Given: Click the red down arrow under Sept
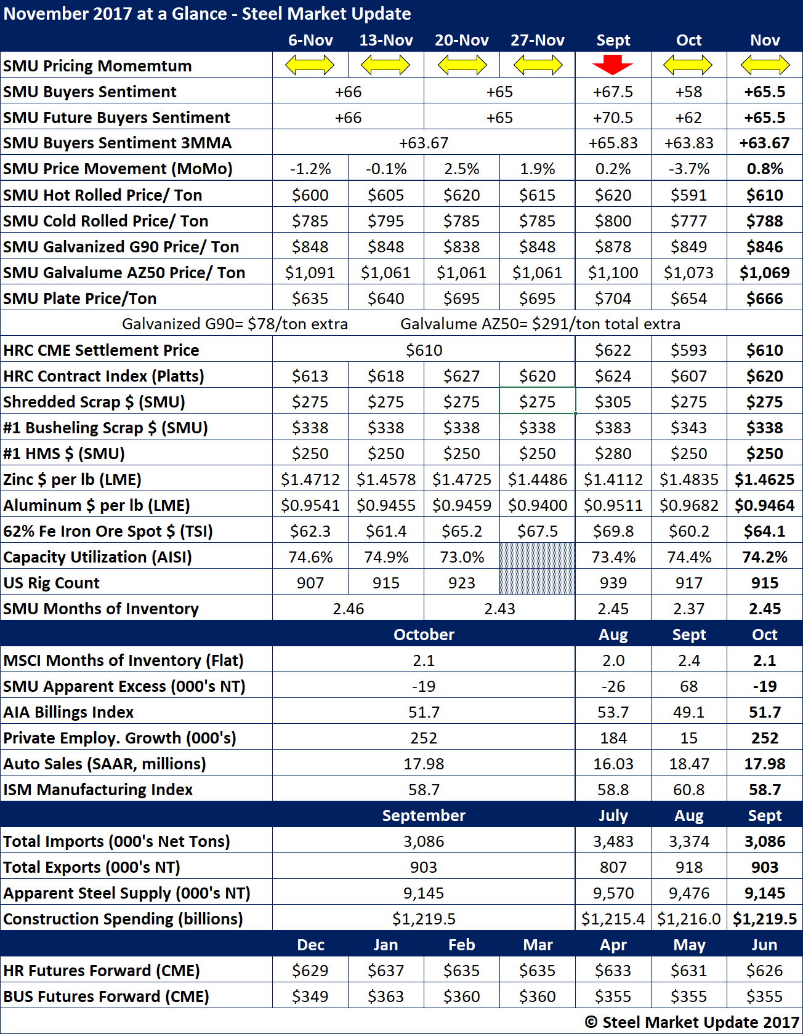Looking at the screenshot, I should pos(613,64).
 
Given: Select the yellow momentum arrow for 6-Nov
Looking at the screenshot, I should pos(310,65).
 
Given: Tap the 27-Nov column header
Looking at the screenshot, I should pos(537,40).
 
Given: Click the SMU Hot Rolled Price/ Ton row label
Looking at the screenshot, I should pos(103,195).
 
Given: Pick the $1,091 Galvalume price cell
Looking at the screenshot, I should pos(310,273).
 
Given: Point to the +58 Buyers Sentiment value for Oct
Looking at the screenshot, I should pos(688,92).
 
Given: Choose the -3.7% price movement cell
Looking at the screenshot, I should pos(688,169).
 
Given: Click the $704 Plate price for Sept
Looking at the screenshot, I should pos(613,299).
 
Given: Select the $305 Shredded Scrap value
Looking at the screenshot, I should pos(613,402).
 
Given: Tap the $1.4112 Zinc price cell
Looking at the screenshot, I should pos(613,479).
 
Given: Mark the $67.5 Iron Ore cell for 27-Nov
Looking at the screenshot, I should pos(537,531).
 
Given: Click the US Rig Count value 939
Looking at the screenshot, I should pos(613,583).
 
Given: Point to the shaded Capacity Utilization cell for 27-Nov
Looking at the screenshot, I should pos(537,556).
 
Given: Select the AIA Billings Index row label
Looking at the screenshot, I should pos(68,712).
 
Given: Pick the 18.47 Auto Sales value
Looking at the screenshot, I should pos(688,764).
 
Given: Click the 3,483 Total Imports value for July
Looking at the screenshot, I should pos(613,841).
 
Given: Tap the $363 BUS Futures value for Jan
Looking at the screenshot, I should pos(385,996).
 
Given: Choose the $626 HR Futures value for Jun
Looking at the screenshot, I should pos(764,971).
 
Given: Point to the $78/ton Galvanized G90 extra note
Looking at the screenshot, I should pos(235,324).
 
